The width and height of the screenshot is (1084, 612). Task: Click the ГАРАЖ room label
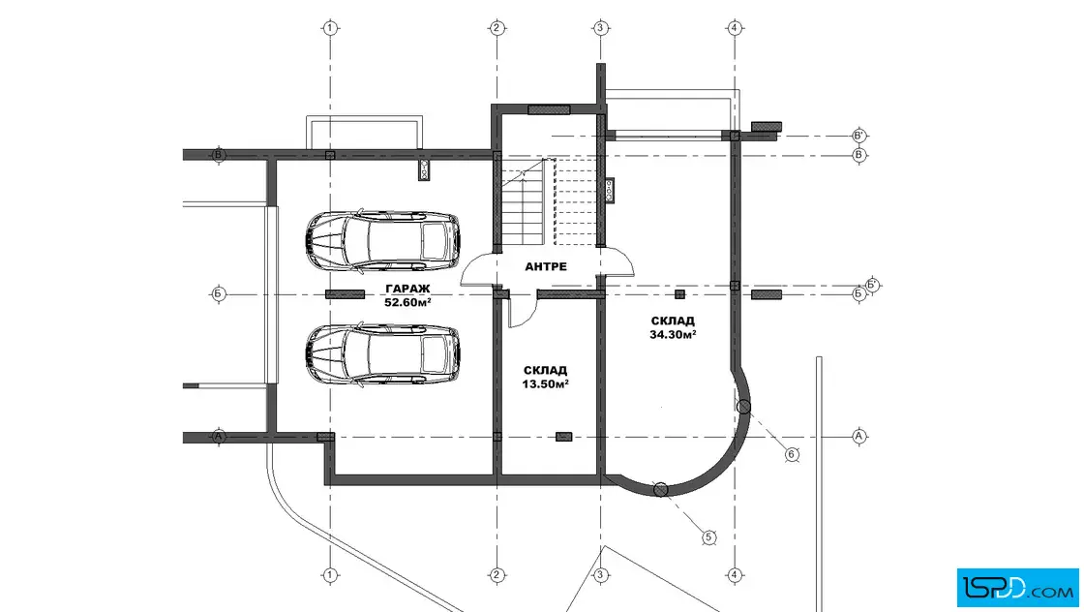pos(407,289)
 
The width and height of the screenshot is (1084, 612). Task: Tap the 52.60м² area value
pos(407,302)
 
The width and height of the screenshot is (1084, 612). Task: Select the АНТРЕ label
pos(546,266)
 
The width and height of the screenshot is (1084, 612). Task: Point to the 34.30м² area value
pos(673,335)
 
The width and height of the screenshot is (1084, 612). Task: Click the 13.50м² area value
pos(546,384)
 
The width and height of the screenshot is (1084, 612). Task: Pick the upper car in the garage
pos(382,241)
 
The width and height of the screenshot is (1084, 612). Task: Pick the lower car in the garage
pos(382,354)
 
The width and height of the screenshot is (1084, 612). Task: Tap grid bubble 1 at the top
pos(330,28)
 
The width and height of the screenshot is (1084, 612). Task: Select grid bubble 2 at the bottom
pos(497,574)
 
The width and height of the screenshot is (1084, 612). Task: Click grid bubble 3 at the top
pos(600,28)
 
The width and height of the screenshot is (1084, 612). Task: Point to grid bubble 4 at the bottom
pos(735,574)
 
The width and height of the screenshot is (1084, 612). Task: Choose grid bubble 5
pos(708,537)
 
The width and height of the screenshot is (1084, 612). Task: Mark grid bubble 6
pos(793,454)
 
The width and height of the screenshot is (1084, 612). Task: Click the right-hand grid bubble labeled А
pos(858,437)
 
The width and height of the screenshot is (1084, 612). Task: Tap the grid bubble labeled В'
pos(858,136)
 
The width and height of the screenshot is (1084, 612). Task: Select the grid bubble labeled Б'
pos(873,285)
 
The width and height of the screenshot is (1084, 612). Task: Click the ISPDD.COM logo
pos(1017,588)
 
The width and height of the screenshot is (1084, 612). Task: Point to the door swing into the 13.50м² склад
pos(522,310)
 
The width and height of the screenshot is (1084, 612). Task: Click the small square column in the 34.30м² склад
pos(679,294)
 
